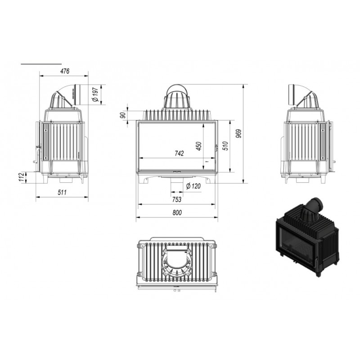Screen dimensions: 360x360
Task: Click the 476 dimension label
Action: point(65,71)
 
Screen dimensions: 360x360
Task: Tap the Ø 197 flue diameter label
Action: point(95,94)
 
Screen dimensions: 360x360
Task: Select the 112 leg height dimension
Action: point(21,177)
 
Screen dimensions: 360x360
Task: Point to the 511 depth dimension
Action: point(62,192)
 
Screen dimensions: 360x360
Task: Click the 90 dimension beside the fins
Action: point(123,115)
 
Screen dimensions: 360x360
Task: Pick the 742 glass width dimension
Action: point(179,153)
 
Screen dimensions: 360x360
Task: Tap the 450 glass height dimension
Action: point(199,146)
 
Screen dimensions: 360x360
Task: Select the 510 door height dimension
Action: point(225,146)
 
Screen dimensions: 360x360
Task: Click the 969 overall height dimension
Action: point(239,134)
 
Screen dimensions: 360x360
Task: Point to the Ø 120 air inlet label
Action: point(193,186)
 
